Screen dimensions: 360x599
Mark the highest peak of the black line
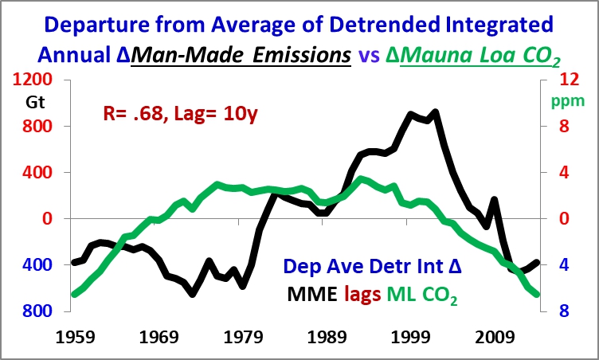435,112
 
